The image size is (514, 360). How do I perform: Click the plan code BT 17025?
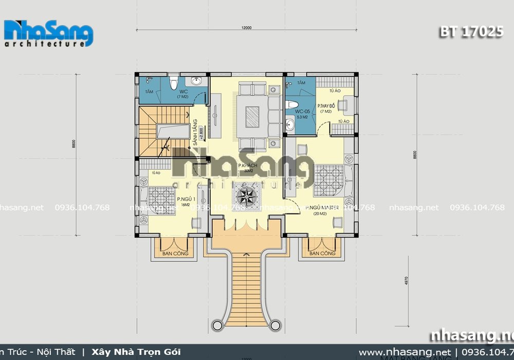pyautogui.click(x=470, y=32)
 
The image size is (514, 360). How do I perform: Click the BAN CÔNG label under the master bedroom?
pyautogui.click(x=323, y=254)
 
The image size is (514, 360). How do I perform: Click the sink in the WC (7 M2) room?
pyautogui.click(x=196, y=81)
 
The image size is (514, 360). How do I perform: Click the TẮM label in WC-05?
pyautogui.click(x=301, y=83)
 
